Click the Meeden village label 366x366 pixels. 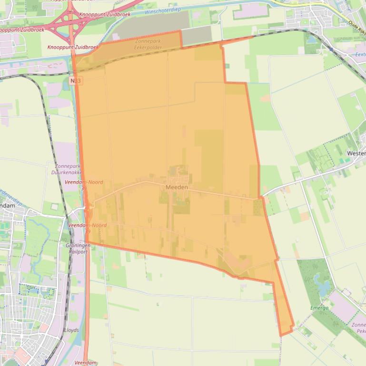(177, 187)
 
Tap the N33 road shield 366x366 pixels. (76, 81)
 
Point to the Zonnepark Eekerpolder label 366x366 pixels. (148, 44)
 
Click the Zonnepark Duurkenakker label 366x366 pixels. (67, 169)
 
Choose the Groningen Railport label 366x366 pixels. (76, 249)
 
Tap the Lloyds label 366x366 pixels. (71, 330)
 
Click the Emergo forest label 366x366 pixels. (319, 308)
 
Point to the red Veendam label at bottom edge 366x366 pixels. (85, 363)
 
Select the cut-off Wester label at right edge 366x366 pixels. (356, 154)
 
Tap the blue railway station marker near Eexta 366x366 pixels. (330, 48)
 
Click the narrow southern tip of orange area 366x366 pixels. (286, 328)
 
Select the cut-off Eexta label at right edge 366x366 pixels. (360, 55)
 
